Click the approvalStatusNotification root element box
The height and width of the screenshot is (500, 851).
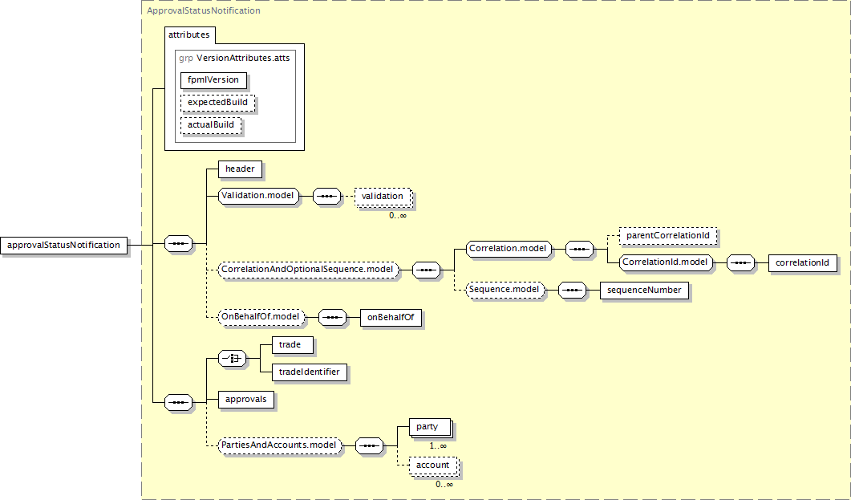pos(64,245)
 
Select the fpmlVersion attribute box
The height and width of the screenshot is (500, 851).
pos(213,79)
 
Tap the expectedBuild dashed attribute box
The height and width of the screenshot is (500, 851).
pos(217,102)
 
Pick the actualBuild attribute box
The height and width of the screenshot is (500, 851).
pos(211,124)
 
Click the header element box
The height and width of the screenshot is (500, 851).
pos(240,169)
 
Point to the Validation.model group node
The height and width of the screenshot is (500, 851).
pos(258,196)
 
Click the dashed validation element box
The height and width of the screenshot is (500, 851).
pos(383,197)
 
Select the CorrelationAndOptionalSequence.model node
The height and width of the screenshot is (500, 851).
pos(308,270)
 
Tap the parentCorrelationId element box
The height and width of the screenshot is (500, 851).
pos(668,236)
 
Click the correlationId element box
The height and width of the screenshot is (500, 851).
pos(803,262)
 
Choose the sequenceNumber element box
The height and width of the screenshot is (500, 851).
pos(644,290)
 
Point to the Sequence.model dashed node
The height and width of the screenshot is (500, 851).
pos(505,290)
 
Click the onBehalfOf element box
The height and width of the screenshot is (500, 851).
pos(391,317)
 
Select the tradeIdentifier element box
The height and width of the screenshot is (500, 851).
pos(310,372)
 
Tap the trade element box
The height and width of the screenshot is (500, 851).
pos(293,345)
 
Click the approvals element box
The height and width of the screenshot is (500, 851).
pos(246,400)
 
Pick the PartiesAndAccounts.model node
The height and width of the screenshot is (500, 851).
pos(279,445)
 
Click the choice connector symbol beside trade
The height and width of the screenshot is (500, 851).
pos(232,358)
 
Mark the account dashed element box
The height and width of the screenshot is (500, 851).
pos(433,465)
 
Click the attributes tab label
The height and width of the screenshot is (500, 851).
pos(188,35)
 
